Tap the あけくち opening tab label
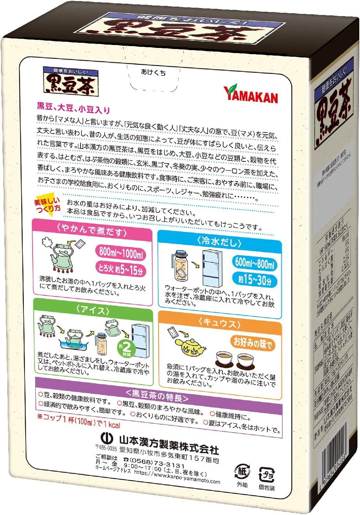(x=153, y=72)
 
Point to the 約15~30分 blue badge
(x=255, y=280)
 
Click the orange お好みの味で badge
(x=253, y=343)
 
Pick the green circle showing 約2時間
(x=126, y=348)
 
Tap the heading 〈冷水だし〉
(x=219, y=241)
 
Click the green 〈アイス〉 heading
(x=93, y=310)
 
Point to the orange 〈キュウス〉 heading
(x=219, y=323)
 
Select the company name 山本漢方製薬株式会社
(x=169, y=444)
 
